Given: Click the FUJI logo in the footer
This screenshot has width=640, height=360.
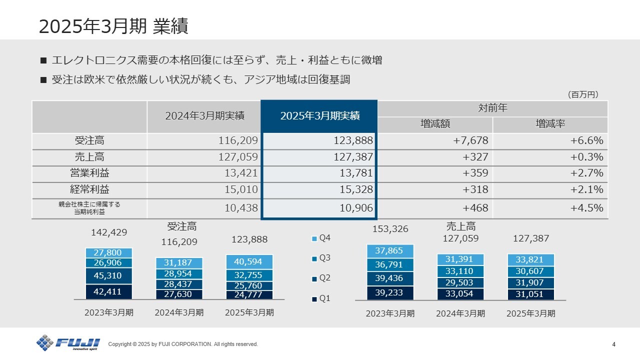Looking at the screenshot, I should [68, 343].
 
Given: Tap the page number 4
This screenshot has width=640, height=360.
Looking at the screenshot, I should [613, 344].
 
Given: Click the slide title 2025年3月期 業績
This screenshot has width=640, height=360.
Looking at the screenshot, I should [113, 26].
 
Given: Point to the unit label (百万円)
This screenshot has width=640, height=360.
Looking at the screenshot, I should [582, 94].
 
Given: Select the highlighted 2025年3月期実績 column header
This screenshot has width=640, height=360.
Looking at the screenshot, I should [319, 116].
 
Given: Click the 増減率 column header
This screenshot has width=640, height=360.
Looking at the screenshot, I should [550, 124].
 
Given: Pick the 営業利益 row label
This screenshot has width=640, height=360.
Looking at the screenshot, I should [89, 173].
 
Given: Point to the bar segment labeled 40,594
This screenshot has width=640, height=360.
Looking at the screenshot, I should [249, 261].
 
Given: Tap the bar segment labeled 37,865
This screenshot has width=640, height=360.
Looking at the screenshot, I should [390, 251].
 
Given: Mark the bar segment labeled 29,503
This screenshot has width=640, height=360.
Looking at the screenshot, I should [460, 282].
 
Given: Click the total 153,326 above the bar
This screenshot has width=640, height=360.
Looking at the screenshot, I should [390, 229].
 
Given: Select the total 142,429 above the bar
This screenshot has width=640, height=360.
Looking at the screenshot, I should [109, 232].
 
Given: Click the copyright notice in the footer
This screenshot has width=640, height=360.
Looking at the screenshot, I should [183, 344].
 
